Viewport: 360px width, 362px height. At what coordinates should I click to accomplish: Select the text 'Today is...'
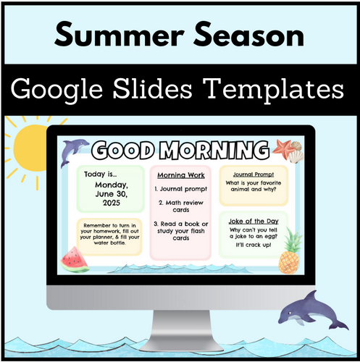[99, 175]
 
